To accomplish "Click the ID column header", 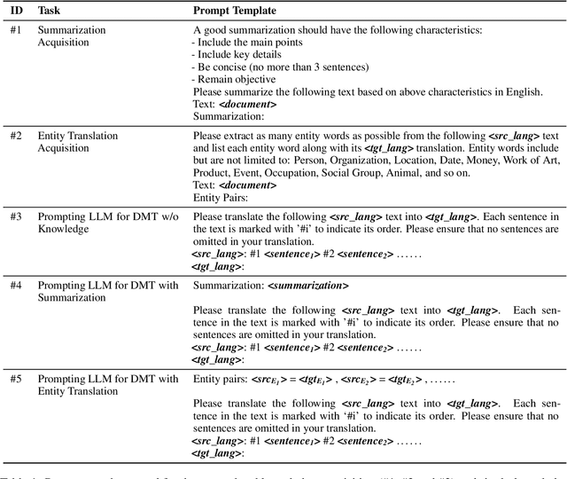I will pyautogui.click(x=16, y=11).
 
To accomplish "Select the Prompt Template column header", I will pyautogui.click(x=234, y=11).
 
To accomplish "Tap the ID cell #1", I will pyautogui.click(x=15, y=30).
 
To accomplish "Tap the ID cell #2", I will pyautogui.click(x=15, y=136).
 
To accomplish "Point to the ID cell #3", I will pyautogui.click(x=15, y=216).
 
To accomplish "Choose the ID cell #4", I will pyautogui.click(x=15, y=286).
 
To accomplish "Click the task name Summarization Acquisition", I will pyautogui.click(x=71, y=36).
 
